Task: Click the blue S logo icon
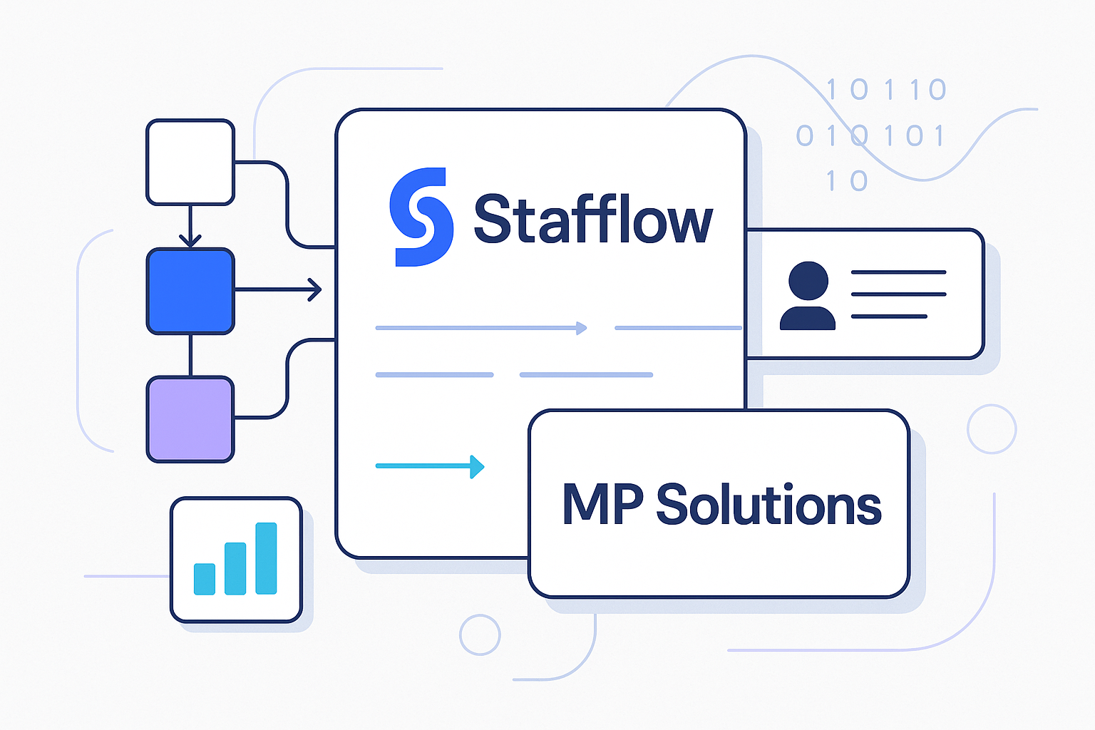click(421, 217)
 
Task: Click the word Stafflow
click(592, 220)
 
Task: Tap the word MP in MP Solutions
click(602, 504)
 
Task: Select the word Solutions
click(768, 504)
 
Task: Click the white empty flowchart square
click(190, 163)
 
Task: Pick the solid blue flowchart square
click(190, 291)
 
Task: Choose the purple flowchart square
click(190, 419)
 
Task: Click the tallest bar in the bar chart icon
click(266, 558)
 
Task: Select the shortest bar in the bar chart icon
click(205, 579)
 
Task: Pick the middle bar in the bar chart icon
click(235, 568)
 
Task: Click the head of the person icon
click(808, 280)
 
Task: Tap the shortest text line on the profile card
click(889, 316)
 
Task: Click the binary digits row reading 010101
click(870, 135)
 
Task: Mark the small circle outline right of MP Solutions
click(992, 429)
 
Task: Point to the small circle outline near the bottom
click(480, 634)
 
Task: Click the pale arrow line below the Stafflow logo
click(481, 328)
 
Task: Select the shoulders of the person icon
click(808, 319)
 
